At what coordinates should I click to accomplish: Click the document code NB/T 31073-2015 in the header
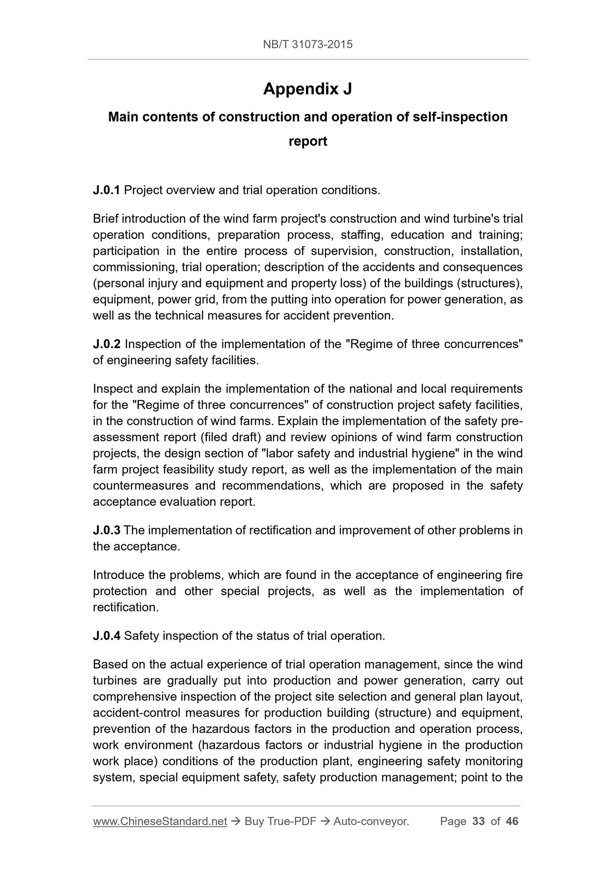click(x=308, y=44)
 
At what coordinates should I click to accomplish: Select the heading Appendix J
click(x=308, y=89)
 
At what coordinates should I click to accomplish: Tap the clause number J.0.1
click(x=107, y=190)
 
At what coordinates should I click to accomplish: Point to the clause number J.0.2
click(x=107, y=344)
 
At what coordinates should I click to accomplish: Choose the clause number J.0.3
click(x=107, y=530)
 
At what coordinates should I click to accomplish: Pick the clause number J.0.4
click(x=107, y=636)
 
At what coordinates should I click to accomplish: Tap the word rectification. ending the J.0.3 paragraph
click(x=126, y=607)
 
